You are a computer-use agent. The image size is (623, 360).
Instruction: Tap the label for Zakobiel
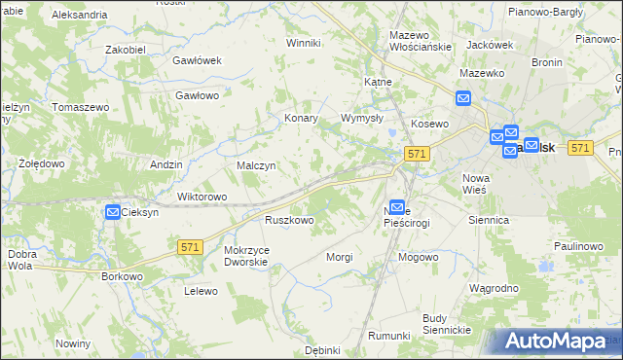coord(126,49)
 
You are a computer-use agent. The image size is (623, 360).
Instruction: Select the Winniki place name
coord(303,43)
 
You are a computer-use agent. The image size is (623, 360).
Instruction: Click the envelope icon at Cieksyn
coord(113,212)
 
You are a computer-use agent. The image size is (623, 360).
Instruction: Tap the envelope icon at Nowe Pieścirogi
coord(397,207)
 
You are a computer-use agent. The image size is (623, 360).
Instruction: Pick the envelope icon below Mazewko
coord(463,97)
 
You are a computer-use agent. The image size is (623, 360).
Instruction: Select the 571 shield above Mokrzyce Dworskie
coord(191,248)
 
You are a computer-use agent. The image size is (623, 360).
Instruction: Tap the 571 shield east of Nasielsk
coord(580,147)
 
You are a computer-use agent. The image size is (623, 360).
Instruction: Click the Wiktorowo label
coord(202,197)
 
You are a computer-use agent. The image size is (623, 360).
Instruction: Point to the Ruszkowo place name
coord(289,221)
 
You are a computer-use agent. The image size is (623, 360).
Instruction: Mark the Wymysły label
coord(362,118)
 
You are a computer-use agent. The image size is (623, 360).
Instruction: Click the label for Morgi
coord(340,257)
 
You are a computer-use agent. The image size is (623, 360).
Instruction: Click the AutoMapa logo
coord(557,342)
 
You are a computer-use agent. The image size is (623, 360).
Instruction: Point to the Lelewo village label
coord(200,291)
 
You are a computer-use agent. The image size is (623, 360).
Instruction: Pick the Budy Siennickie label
coord(447,324)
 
